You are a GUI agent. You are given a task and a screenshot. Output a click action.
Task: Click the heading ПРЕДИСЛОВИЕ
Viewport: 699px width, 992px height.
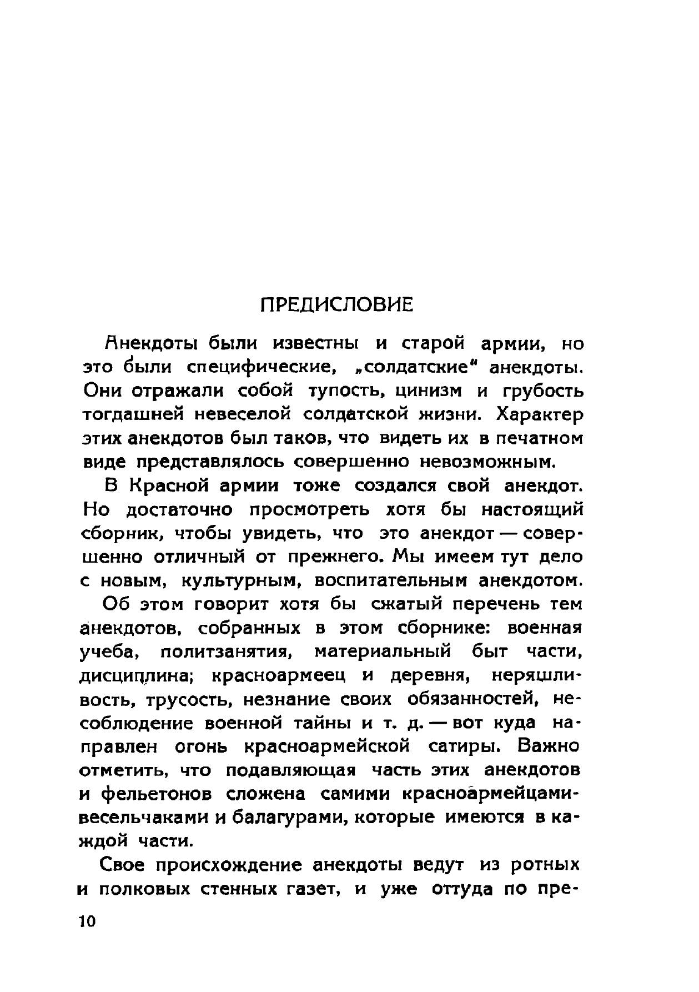point(337,305)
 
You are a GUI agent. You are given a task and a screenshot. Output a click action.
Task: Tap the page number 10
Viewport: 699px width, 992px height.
point(87,921)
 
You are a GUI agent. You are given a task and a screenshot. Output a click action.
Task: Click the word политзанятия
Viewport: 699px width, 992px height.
point(227,652)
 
